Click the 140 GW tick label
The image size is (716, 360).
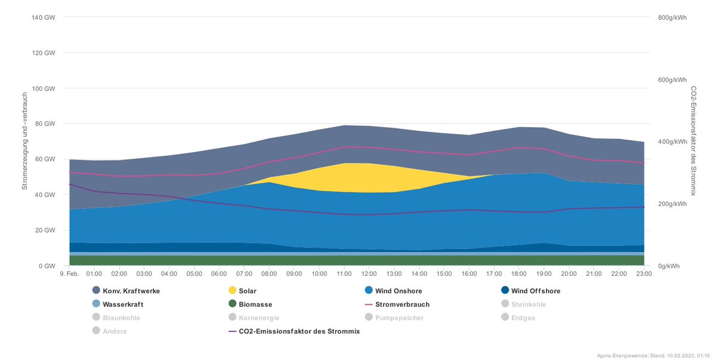pos(43,17)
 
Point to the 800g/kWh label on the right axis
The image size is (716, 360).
pos(672,17)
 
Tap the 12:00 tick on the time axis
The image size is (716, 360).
pos(369,273)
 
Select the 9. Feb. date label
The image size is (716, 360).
pos(69,273)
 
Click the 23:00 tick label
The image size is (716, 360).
pos(644,273)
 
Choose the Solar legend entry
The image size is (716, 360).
pos(242,291)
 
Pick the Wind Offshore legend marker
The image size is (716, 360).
pos(505,290)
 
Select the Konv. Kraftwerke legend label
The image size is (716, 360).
pos(131,291)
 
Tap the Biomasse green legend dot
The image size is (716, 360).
pos(232,304)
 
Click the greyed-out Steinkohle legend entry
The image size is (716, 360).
pos(524,304)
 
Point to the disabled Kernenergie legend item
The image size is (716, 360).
pos(254,318)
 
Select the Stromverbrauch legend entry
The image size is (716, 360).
pos(397,304)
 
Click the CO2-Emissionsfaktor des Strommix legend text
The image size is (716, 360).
pos(299,331)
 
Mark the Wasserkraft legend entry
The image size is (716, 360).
pos(118,304)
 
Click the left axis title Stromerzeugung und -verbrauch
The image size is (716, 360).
pos(24,141)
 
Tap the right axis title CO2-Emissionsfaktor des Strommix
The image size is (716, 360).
pos(693,141)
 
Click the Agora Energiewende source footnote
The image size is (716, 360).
pos(652,356)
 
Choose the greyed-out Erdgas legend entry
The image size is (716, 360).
pos(518,318)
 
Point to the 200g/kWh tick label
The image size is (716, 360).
pos(672,204)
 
